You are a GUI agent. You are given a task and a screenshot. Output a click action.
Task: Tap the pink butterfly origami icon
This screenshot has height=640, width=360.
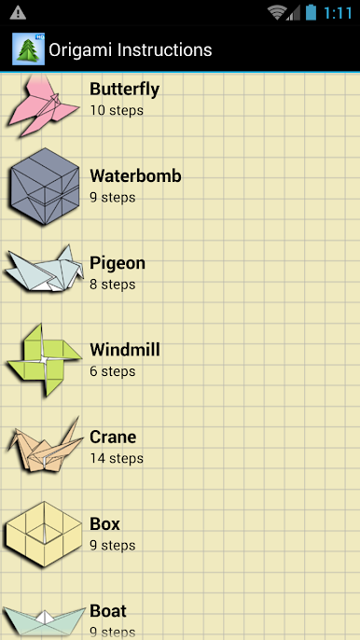coord(43,106)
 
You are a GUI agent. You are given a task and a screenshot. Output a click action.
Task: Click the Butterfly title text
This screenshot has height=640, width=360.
coord(124,89)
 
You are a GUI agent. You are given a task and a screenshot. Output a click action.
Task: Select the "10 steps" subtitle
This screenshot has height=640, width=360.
coord(117,110)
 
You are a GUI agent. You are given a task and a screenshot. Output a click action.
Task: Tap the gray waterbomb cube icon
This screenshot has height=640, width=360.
coord(45,187)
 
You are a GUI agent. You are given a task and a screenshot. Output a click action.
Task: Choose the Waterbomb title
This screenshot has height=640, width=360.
coord(135,176)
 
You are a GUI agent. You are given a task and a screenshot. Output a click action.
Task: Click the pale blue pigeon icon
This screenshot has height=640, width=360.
coord(44,269)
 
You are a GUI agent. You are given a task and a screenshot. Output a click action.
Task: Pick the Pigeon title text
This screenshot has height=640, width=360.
coord(118,264)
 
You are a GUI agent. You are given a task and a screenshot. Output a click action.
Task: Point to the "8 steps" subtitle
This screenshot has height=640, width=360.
coord(113,284)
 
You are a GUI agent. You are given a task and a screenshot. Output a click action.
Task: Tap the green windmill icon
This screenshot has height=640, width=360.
coord(44,360)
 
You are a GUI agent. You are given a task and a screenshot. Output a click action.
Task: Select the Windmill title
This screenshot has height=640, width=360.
coord(125,350)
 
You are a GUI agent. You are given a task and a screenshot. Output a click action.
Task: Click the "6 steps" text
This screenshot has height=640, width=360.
coord(113,371)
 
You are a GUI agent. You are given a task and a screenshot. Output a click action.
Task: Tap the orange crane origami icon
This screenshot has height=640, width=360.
coord(45,446)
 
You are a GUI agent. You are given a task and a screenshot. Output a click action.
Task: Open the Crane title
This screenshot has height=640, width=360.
coord(113,438)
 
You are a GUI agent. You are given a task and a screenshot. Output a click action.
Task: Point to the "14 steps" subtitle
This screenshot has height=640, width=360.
coord(117,458)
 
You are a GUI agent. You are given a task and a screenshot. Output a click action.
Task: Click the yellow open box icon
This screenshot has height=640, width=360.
coord(43,535)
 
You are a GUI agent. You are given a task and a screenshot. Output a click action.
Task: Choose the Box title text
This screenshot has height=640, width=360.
coord(104,524)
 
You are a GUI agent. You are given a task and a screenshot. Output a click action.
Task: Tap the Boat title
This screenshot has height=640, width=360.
coord(108,611)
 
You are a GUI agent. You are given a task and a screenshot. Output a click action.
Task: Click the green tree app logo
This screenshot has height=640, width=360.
coord(28,49)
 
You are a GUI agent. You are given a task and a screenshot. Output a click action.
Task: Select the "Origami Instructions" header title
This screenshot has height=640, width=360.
coord(131,49)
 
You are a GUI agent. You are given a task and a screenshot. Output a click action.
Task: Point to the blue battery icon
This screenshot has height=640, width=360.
coord(311,12)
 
